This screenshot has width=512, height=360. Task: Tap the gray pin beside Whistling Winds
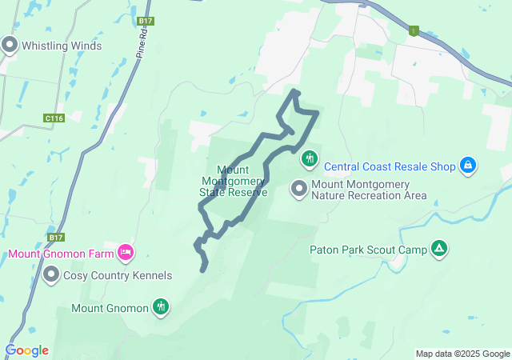[10, 46]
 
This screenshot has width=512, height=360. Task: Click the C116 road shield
[54, 118]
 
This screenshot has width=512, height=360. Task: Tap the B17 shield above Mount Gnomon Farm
[55, 238]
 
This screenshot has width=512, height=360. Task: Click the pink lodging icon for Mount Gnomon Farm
[125, 254]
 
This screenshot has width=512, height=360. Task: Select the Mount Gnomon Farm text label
[61, 254]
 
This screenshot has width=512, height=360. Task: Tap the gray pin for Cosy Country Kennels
[52, 276]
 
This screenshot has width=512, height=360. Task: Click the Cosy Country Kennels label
[120, 276]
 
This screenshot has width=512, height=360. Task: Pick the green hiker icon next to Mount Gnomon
[162, 306]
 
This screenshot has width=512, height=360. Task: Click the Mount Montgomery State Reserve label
[234, 181]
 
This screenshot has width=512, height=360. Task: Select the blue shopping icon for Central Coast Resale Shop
[469, 166]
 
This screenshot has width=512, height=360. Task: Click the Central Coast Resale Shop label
[390, 166]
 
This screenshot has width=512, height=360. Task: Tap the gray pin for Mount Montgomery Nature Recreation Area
[299, 189]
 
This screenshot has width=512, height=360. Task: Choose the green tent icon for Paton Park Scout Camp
[438, 249]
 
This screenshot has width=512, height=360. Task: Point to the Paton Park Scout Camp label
[369, 250]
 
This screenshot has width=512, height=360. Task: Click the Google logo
[26, 350]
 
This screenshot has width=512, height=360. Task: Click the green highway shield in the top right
[414, 31]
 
